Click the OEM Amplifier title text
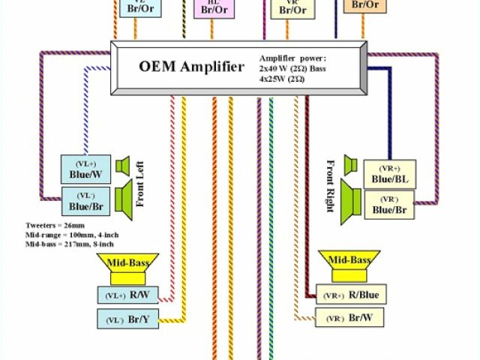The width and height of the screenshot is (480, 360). click(192, 66)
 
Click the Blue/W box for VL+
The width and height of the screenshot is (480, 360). click(85, 169)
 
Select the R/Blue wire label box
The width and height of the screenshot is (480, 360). click(348, 295)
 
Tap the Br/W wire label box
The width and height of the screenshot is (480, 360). click(348, 318)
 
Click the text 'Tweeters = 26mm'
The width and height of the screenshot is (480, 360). click(54, 224)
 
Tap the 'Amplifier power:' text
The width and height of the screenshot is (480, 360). click(293, 58)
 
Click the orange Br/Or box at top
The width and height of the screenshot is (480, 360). click(364, 5)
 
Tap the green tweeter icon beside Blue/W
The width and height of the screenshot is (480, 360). click(122, 164)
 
